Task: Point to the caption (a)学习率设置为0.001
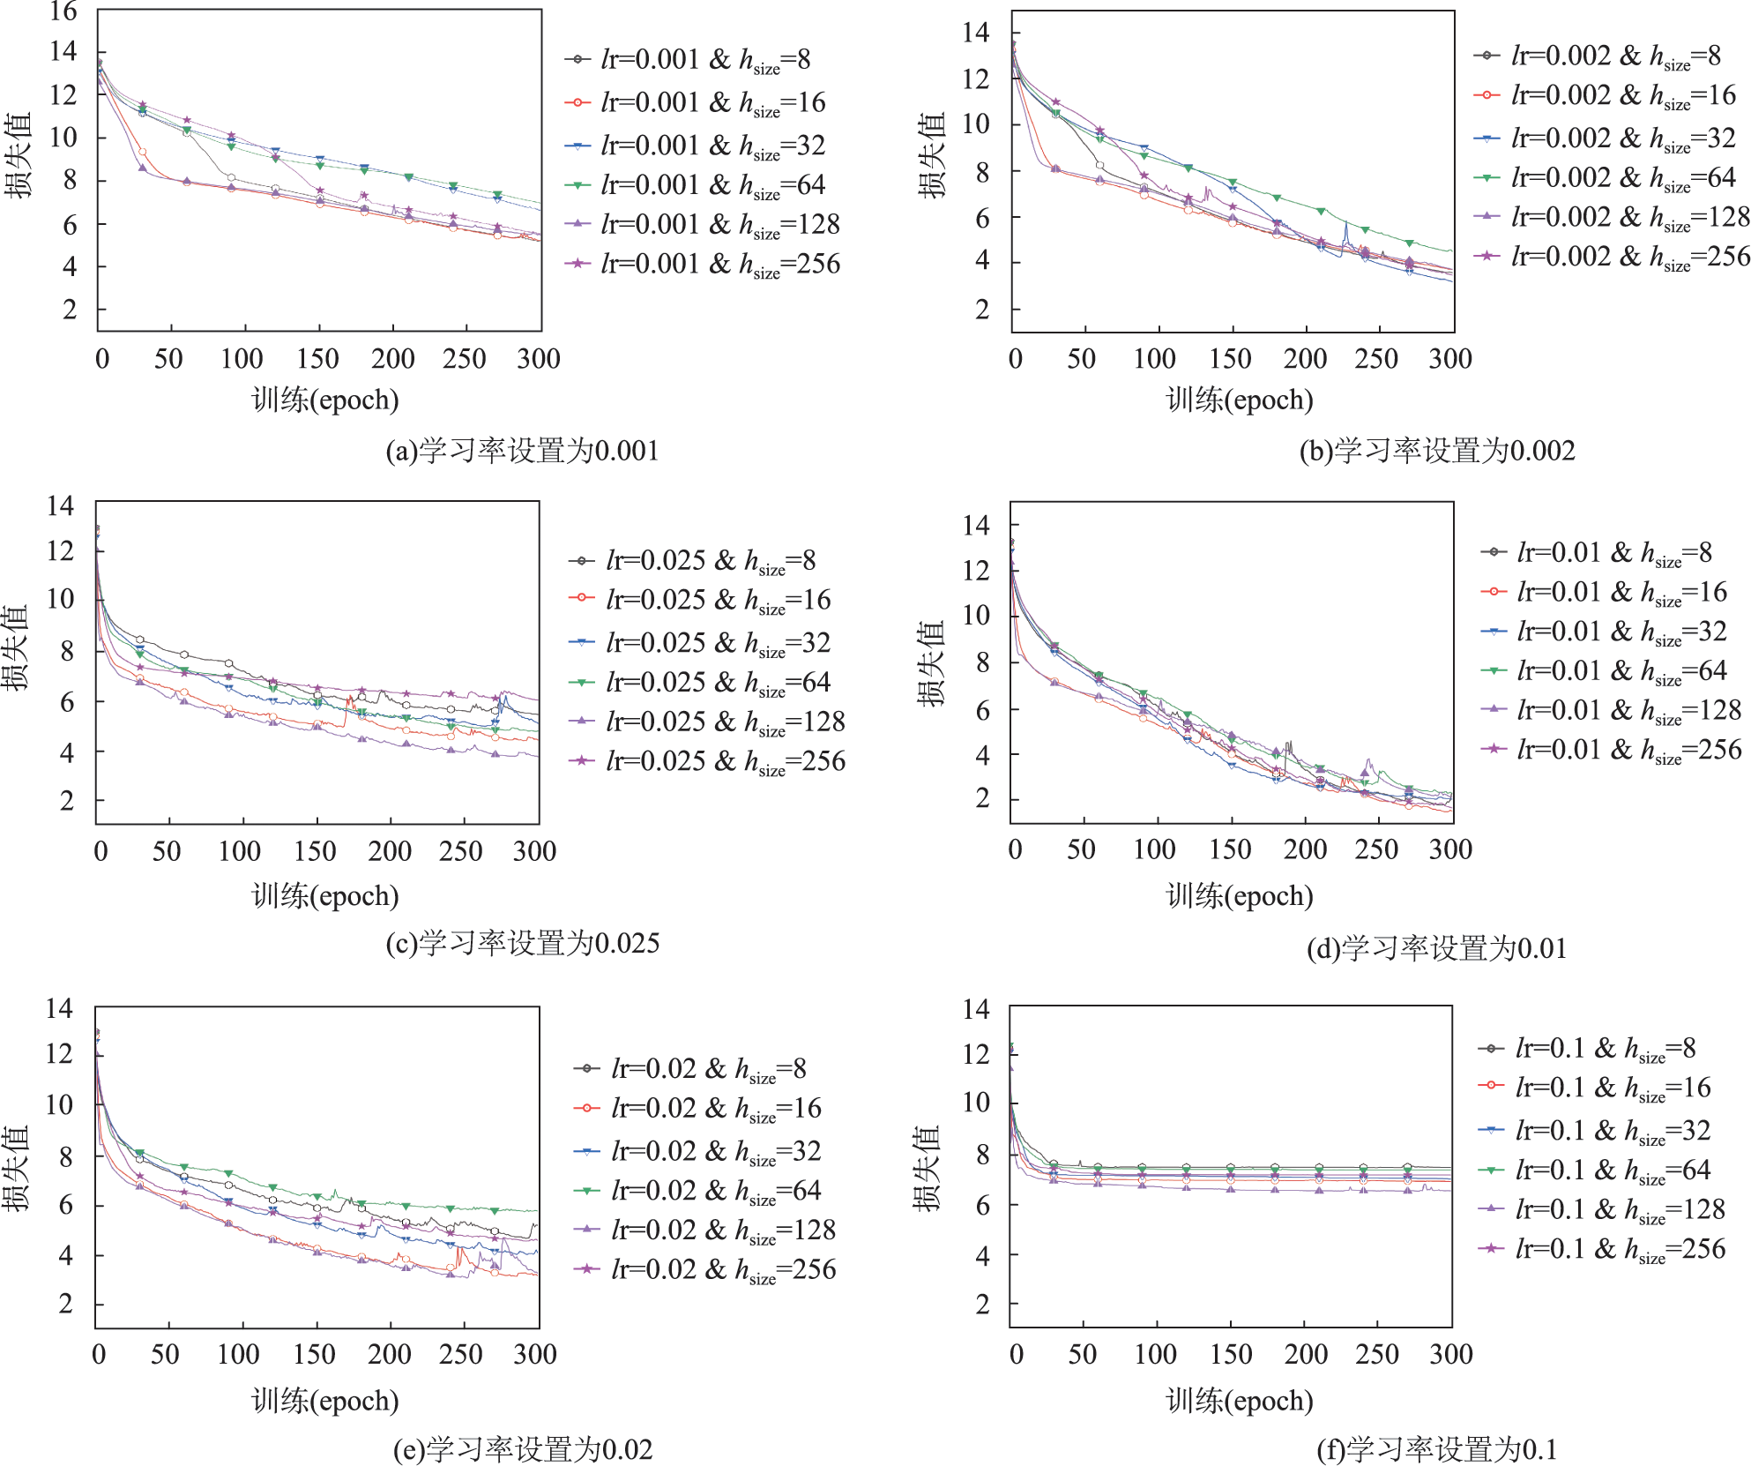coord(522,451)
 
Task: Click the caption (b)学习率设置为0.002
coord(1436,451)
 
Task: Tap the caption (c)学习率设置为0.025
coord(522,943)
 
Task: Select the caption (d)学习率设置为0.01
coord(1436,949)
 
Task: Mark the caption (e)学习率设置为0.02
coord(522,1449)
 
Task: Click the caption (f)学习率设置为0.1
coord(1436,1449)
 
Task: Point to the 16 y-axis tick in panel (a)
coord(63,11)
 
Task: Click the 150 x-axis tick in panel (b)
coord(1230,359)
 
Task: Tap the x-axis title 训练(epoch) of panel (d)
coord(1239,896)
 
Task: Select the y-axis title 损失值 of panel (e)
coord(16,1168)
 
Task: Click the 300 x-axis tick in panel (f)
coord(1450,1354)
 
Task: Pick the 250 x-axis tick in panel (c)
coord(460,851)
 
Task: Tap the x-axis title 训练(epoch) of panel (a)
coord(324,400)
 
